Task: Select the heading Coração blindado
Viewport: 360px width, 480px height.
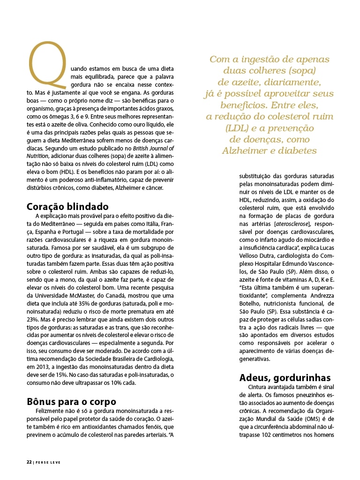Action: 67,207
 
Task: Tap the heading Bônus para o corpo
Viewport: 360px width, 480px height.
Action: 71,401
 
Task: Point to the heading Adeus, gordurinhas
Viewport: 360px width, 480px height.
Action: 285,378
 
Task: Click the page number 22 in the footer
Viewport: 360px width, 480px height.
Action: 29,462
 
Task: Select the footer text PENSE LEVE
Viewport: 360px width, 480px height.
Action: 48,462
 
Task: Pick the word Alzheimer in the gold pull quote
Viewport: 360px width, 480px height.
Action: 246,151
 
